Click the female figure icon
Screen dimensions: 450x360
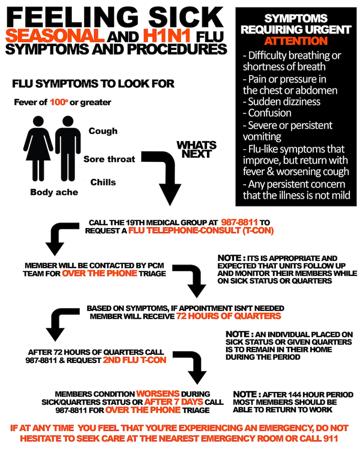click(38, 148)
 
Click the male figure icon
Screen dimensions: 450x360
click(68, 148)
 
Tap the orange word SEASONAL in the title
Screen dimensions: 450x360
click(55, 36)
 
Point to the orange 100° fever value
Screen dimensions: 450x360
click(59, 102)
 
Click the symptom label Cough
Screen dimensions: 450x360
click(103, 131)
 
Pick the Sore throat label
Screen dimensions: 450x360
click(109, 159)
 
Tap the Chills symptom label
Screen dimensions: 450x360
click(103, 182)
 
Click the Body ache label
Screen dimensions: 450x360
click(54, 192)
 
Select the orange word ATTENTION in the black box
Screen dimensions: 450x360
click(296, 40)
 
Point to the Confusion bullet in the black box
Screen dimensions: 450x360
click(269, 113)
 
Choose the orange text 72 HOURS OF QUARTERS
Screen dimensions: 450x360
click(229, 316)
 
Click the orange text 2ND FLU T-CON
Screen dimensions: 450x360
click(135, 360)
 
